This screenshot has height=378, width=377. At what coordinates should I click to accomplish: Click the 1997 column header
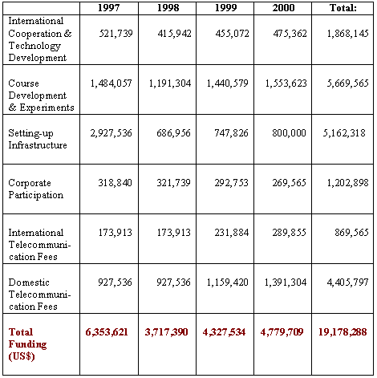click(108, 8)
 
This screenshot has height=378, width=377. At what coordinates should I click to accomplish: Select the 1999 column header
click(226, 8)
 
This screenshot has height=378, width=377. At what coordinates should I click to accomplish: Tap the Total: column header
click(343, 8)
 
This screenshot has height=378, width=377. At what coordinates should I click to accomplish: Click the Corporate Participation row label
click(36, 189)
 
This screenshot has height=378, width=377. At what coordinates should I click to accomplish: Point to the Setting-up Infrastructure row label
click(38, 139)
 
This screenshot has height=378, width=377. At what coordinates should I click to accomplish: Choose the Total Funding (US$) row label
click(27, 344)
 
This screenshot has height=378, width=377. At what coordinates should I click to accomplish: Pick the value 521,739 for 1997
click(116, 34)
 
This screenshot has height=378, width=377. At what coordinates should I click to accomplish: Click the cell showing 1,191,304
click(170, 83)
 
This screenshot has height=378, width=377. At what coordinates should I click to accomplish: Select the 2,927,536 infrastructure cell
click(111, 133)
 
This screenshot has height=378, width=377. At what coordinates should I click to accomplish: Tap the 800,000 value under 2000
click(289, 133)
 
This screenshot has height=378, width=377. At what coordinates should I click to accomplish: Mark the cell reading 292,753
click(231, 183)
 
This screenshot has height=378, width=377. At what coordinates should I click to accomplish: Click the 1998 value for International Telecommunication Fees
click(173, 233)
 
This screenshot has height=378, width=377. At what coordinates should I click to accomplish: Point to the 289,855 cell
click(289, 233)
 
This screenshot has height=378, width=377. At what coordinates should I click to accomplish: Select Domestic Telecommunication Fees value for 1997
click(115, 282)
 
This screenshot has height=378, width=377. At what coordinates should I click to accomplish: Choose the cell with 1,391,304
click(286, 282)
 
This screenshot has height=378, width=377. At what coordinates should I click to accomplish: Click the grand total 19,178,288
click(343, 332)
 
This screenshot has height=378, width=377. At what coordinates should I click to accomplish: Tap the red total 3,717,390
click(166, 332)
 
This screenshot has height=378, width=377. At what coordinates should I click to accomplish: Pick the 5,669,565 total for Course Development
click(347, 83)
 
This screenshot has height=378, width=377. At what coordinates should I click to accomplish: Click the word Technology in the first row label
click(34, 46)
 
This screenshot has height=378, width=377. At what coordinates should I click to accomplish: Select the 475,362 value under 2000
click(290, 34)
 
